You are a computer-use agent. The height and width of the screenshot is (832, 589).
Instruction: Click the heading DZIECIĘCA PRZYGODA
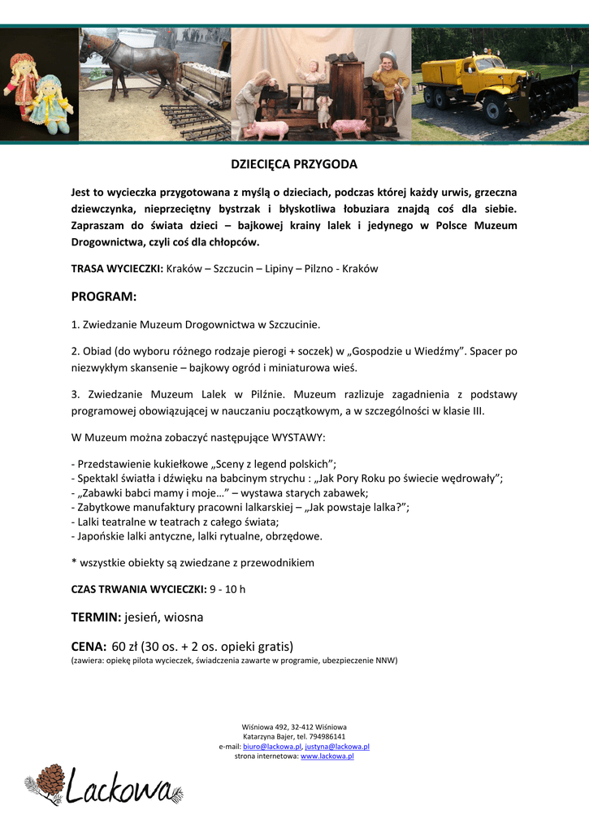pyautogui.click(x=294, y=164)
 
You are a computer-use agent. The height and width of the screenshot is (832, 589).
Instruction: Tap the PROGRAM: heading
pyautogui.click(x=104, y=297)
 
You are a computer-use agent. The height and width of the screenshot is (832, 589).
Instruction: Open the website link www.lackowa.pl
pyautogui.click(x=327, y=756)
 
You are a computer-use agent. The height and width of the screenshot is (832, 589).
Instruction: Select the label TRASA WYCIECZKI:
pyautogui.click(x=117, y=268)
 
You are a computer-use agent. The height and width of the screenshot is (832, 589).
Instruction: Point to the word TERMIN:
pyautogui.click(x=96, y=617)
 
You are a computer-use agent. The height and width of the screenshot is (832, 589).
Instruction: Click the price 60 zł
pyautogui.click(x=124, y=647)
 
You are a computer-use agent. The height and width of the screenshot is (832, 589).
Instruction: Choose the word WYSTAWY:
pyautogui.click(x=299, y=437)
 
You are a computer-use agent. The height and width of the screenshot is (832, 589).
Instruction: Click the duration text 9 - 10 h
pyautogui.click(x=227, y=589)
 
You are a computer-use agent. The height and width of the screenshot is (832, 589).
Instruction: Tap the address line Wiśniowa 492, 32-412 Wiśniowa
pyautogui.click(x=294, y=726)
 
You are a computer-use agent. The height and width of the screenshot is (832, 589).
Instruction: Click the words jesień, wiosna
pyautogui.click(x=164, y=617)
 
